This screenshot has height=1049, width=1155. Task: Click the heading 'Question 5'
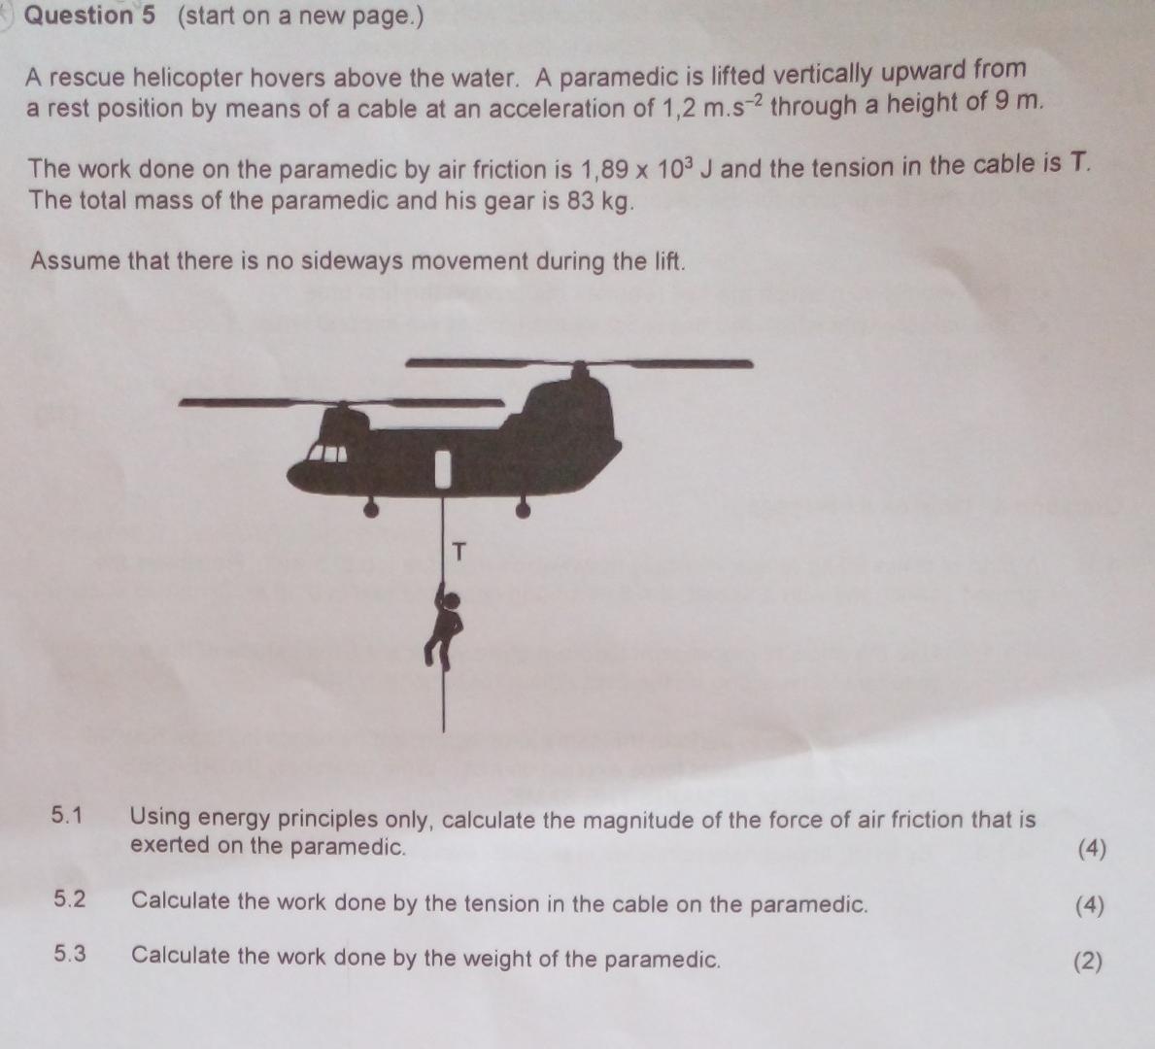[88, 17]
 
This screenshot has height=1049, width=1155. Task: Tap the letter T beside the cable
[459, 553]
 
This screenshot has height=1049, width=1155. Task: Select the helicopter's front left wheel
[369, 508]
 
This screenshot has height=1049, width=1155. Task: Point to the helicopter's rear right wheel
[523, 508]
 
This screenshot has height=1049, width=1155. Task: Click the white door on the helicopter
[443, 467]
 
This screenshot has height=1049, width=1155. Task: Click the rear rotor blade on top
[579, 363]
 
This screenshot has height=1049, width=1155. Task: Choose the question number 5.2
[69, 899]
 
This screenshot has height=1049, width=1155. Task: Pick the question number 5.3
[69, 954]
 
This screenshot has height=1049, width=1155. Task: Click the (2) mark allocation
[1088, 961]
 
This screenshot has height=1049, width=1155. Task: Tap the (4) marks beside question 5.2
[1090, 905]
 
